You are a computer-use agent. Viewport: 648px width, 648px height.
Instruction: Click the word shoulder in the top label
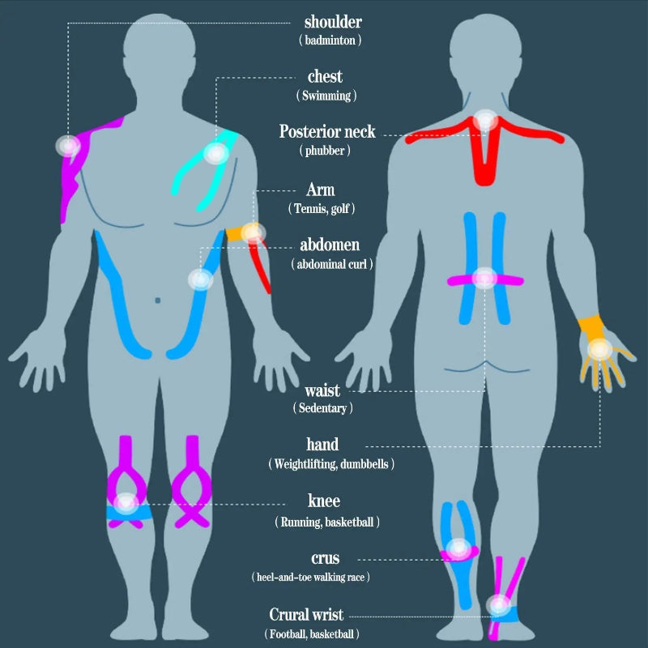[x=333, y=22]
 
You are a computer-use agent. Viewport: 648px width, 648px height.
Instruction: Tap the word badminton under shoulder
[x=330, y=40]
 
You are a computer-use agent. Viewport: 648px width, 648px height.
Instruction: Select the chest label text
[x=326, y=76]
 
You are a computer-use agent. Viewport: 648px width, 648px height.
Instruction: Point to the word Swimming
[x=326, y=96]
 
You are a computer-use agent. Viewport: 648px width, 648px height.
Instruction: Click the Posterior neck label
[x=327, y=131]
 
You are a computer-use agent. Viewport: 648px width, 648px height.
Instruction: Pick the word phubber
[x=325, y=151]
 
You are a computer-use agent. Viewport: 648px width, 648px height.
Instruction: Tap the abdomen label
[x=330, y=245]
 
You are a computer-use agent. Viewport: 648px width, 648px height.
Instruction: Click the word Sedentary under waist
[x=322, y=408]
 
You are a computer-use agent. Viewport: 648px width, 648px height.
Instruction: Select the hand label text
[x=322, y=444]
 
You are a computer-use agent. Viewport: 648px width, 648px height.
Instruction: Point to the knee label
[x=324, y=501]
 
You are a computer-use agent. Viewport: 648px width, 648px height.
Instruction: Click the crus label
[x=326, y=558]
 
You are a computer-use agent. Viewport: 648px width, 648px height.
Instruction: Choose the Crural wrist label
[x=306, y=615]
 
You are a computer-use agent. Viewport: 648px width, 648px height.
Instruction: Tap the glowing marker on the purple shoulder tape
[x=69, y=146]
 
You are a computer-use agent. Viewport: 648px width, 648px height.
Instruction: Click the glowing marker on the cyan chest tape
[x=215, y=153]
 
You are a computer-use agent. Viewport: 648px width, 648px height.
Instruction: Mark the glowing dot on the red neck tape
[x=485, y=120]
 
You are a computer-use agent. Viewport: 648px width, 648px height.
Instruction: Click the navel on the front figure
[x=157, y=301]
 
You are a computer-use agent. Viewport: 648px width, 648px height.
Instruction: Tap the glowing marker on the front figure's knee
[x=126, y=504]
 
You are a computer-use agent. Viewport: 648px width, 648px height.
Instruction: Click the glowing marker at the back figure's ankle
[x=499, y=605]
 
